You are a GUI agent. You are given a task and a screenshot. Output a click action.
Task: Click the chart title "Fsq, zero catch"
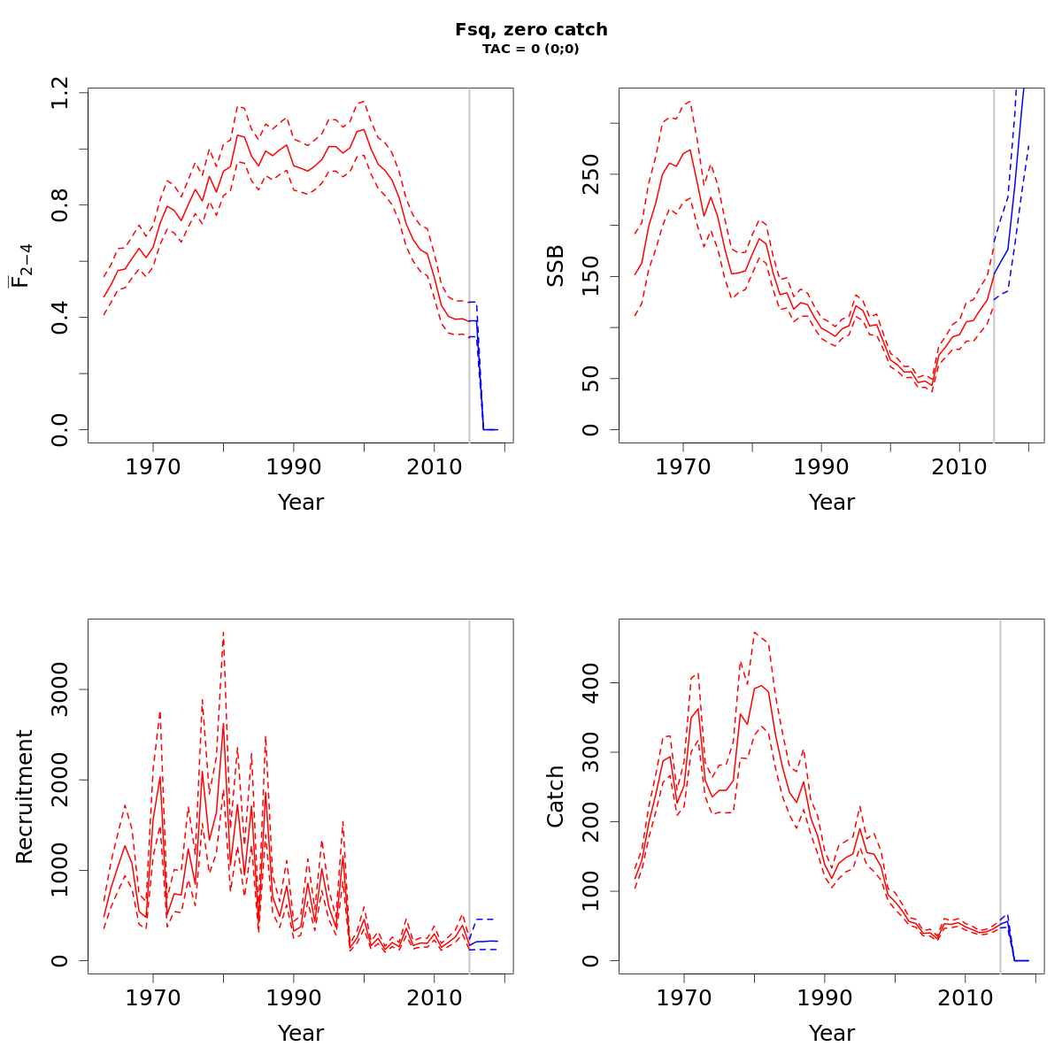tap(531, 29)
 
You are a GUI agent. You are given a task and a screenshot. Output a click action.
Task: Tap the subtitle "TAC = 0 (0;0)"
tap(531, 49)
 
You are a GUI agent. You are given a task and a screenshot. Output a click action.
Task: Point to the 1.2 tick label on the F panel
tap(60, 93)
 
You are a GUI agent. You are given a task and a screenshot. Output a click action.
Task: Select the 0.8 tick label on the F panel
tap(60, 204)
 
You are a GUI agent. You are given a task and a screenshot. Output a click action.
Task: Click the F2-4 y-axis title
tap(19, 265)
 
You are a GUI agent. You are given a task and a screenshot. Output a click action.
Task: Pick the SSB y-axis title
tap(555, 265)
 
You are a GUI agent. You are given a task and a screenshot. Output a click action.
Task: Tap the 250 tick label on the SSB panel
tap(591, 173)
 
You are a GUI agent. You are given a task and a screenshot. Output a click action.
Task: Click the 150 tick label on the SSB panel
tap(591, 276)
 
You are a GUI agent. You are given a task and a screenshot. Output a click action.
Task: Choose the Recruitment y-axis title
tap(24, 796)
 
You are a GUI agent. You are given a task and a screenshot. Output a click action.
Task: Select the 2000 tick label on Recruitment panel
tap(60, 780)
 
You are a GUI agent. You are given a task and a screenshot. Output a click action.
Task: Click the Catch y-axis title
tap(555, 796)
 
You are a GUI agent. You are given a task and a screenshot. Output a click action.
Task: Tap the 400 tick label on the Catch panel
tap(591, 682)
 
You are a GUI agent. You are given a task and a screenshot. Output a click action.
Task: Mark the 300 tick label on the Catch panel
tap(591, 752)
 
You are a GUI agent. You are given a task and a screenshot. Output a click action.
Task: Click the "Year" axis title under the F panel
tap(301, 503)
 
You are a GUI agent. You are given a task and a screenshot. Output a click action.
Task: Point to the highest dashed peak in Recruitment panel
tap(223, 632)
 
